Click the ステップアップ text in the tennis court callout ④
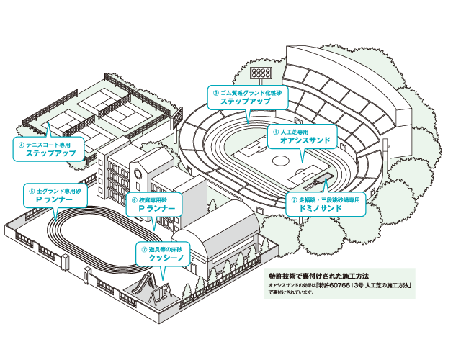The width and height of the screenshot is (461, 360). point(50,153)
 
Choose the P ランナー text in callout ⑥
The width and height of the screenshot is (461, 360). point(152,207)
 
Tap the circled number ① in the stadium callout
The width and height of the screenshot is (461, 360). point(274,132)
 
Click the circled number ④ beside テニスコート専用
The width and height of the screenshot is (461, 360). point(21,143)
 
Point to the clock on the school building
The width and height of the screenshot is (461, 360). point(137,174)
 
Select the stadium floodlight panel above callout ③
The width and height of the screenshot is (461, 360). point(260,72)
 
